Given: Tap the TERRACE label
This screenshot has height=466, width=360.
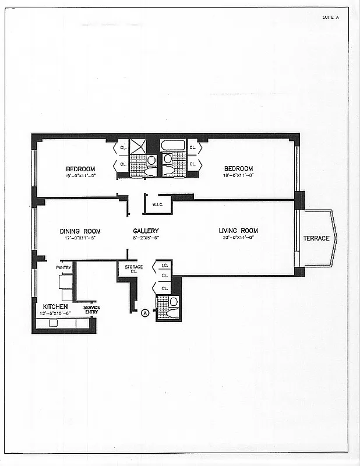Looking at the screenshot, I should pos(316,238).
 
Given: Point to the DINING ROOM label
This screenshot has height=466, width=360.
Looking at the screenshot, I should pos(80,231).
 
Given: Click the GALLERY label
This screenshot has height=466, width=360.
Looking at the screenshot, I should pos(146,231).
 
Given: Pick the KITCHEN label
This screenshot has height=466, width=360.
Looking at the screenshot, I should pos(55,306).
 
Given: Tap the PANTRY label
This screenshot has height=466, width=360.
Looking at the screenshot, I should pos(63,267).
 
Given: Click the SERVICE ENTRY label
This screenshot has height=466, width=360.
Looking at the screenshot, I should pos(91,310).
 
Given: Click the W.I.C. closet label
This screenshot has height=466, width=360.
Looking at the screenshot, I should pos(157,204).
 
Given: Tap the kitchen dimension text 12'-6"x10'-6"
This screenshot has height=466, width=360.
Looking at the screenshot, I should pos(55,313).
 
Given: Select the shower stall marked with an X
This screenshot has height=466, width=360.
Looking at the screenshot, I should pos(138,145).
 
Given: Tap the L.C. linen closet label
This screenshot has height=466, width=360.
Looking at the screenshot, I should pos(164,266).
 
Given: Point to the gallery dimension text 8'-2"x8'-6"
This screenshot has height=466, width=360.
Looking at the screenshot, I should pos(146,238).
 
